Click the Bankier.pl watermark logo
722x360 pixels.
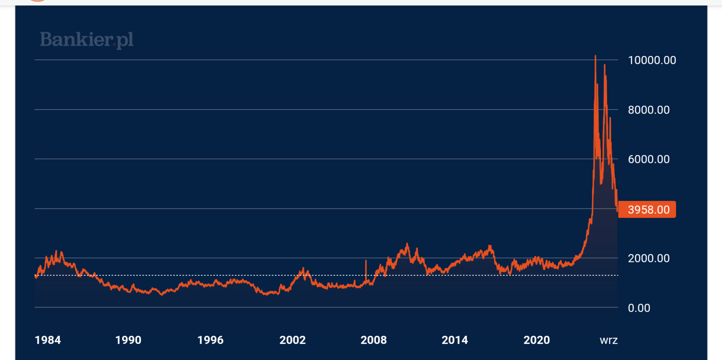pos(87,40)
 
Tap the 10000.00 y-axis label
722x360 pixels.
pos(652,60)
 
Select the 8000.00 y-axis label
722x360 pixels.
pos(649,110)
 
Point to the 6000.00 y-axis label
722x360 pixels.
pos(649,159)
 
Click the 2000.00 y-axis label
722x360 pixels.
pos(649,258)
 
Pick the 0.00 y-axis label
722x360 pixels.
pos(639,308)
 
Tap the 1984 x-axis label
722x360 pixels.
pos(48,340)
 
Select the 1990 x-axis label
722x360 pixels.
pos(128,340)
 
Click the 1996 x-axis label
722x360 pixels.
pos(210,340)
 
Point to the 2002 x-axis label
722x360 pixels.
pos(292,340)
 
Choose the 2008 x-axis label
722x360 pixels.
pos(374,340)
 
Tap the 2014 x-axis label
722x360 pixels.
pos(455,340)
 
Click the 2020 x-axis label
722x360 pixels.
pos(537,340)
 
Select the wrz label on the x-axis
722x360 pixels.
pos(609,340)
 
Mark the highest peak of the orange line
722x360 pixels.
pos(596,56)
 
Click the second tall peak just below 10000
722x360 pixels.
pos(604,65)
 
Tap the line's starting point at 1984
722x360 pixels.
pos(35,276)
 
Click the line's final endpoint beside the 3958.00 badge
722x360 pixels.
pos(617,210)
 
